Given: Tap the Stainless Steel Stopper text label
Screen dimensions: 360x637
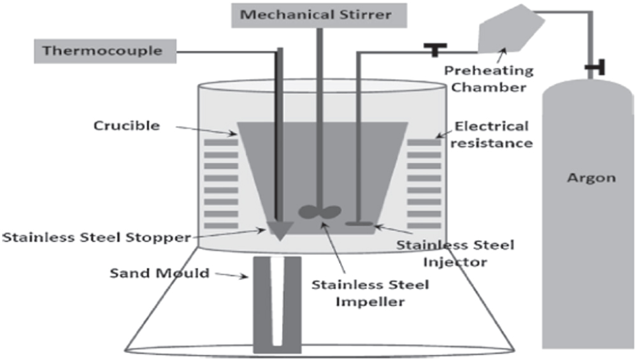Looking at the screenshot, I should [x=96, y=238].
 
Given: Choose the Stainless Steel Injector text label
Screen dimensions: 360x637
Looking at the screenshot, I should [x=455, y=252].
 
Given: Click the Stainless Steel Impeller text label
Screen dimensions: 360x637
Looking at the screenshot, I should [x=370, y=292].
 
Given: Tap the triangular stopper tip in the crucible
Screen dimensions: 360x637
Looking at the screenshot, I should [x=279, y=229].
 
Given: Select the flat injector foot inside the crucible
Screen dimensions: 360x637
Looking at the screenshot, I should [x=359, y=223].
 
